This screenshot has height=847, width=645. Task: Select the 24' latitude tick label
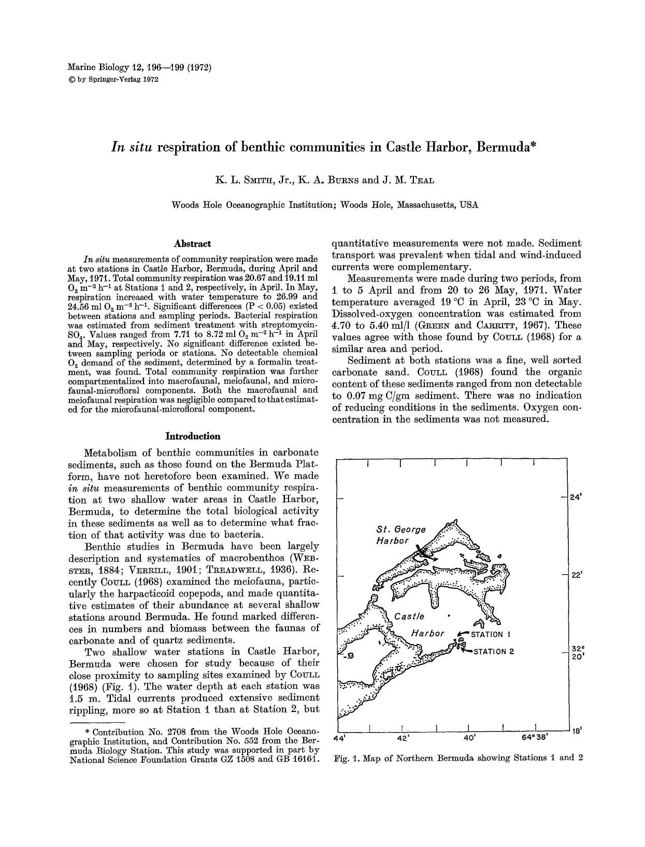point(575,497)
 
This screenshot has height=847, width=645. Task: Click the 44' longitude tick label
point(339,738)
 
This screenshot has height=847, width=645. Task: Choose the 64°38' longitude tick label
point(535,738)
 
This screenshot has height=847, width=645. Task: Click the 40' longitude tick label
point(469,738)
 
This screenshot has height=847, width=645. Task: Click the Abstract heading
point(193,243)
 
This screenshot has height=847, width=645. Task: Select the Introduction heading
point(193,436)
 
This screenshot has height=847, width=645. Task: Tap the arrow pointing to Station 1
point(463,634)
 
